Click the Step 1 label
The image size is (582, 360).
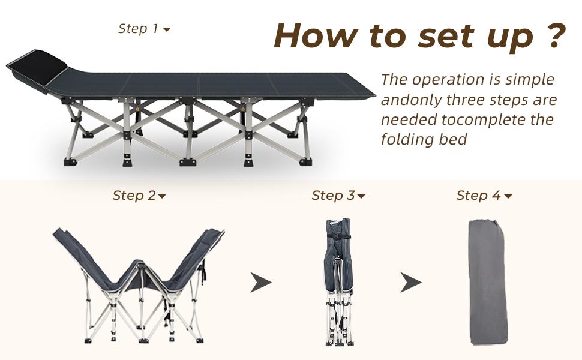tap(144, 29)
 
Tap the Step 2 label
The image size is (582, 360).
tap(139, 196)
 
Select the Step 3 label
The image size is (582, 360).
tap(338, 196)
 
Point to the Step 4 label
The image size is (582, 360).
tap(484, 196)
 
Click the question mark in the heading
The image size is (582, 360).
tap(556, 35)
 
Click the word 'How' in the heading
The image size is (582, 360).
tap(317, 35)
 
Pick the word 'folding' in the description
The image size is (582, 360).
tap(407, 140)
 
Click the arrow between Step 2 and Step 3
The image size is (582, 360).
tap(261, 282)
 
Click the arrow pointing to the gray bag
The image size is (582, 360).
tap(411, 282)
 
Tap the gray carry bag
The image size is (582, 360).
tap(488, 282)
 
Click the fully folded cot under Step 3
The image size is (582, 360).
tap(338, 282)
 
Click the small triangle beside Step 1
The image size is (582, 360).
tap(167, 29)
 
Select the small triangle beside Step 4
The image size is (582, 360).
tap(508, 196)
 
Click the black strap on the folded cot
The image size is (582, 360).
tap(338, 236)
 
